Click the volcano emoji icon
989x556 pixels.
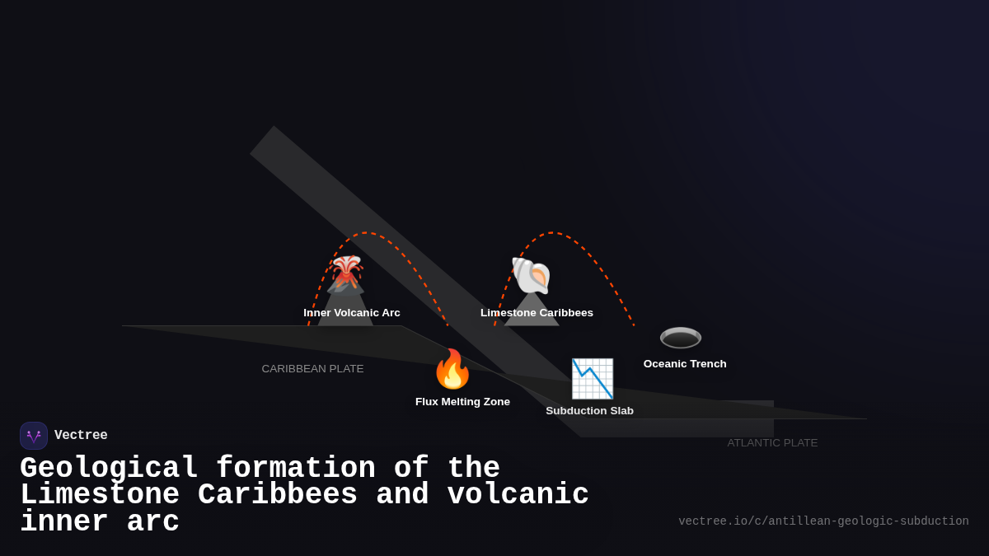pos(346,274)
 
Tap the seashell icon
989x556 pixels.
pos(531,275)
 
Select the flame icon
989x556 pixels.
pos(452,369)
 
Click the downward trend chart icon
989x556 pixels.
pos(592,379)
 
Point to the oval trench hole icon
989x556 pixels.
pos(681,338)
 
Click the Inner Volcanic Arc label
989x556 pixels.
pos(352,313)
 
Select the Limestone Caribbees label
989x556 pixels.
pos(537,313)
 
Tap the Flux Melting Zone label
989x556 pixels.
pos(462,402)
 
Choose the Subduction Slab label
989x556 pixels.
pos(589,411)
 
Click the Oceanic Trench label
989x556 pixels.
pos(685,364)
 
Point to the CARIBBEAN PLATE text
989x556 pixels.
pos(312,369)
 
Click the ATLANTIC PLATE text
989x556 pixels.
pos(772,443)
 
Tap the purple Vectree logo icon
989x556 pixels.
pos(34,436)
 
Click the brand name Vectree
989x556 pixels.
pos(81,436)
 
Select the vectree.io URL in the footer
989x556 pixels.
pos(823,521)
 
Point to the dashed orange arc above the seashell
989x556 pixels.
pos(553,233)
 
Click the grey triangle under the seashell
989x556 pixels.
pos(532,313)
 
